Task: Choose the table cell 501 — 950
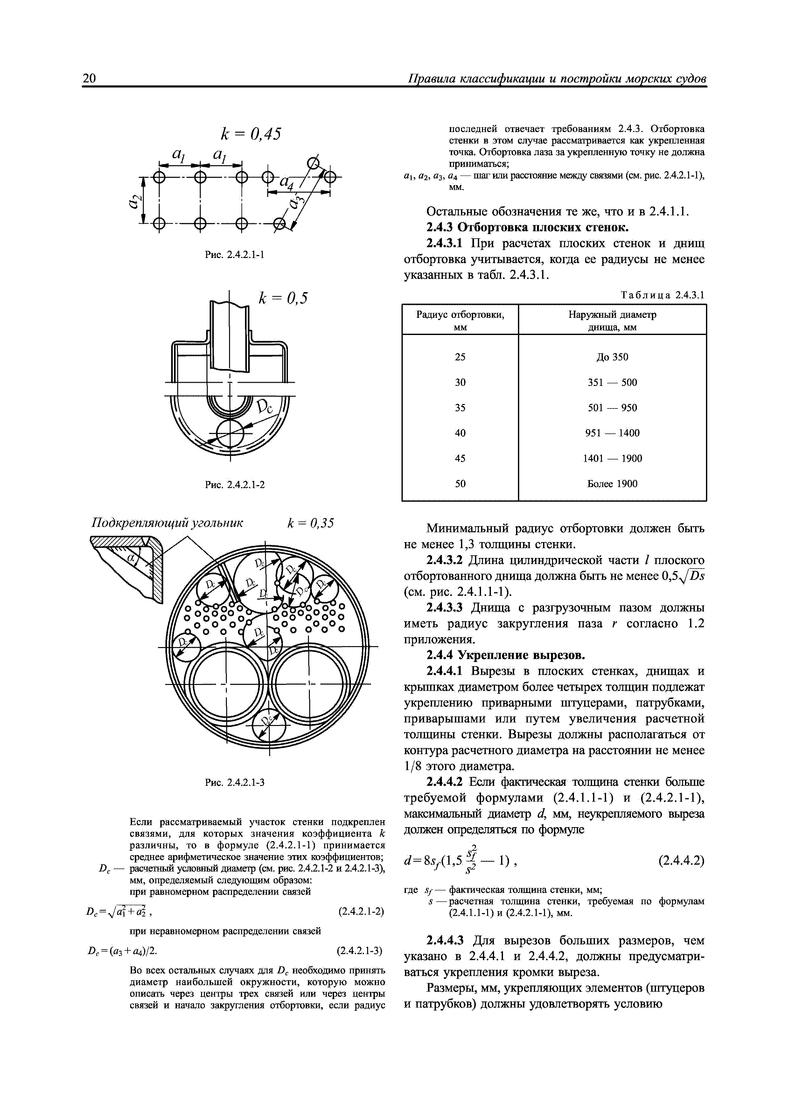[x=612, y=407]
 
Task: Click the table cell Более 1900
[x=612, y=484]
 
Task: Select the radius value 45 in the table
[x=460, y=458]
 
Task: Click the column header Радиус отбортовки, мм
[x=460, y=320]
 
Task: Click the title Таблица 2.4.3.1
[x=663, y=295]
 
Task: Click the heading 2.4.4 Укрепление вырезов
[x=506, y=655]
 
